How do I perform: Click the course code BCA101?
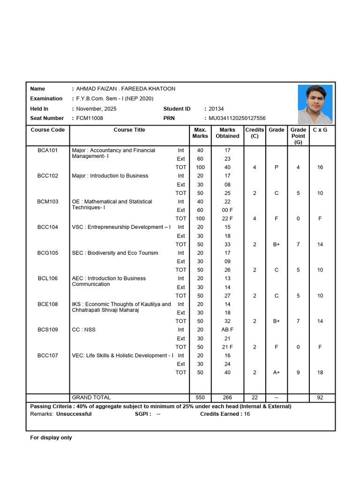(x=47, y=150)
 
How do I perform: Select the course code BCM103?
(x=47, y=202)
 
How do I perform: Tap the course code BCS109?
(x=47, y=330)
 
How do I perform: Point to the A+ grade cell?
(x=277, y=372)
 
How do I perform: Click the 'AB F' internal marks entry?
(x=227, y=330)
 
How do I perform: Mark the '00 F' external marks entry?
(x=227, y=210)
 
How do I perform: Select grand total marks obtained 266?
(x=227, y=397)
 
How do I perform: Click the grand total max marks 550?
(x=200, y=397)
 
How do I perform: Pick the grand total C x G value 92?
(x=320, y=397)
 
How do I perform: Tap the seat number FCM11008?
(x=90, y=118)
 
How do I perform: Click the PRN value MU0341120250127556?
(x=237, y=118)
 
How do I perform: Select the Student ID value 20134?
(x=216, y=109)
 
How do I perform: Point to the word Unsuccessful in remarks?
(x=74, y=414)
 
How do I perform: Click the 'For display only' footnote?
(x=51, y=437)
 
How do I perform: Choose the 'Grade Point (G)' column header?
(x=298, y=136)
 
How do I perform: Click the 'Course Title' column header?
(x=129, y=130)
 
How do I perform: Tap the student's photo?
(x=315, y=104)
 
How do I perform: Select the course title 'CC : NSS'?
(x=83, y=330)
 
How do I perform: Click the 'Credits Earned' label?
(x=220, y=414)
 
